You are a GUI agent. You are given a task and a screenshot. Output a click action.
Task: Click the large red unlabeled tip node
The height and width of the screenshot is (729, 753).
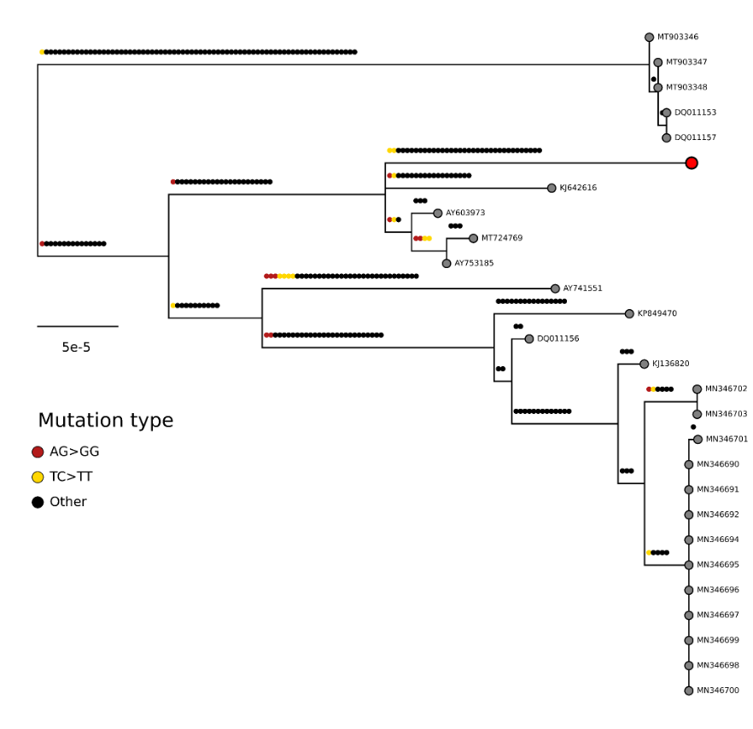[691, 163]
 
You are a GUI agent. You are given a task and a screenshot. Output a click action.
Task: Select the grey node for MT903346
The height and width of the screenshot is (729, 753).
[649, 38]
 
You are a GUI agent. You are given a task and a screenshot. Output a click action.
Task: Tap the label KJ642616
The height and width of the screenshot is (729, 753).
[578, 188]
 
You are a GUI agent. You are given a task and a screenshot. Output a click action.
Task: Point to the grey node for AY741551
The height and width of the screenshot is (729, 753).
[555, 289]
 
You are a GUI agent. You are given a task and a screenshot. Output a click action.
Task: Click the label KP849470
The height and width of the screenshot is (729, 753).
[657, 313]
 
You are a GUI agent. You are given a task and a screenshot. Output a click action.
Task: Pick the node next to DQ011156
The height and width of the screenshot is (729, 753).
[529, 339]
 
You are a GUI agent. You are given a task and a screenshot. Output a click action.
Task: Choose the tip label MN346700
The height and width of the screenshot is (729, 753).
[718, 691]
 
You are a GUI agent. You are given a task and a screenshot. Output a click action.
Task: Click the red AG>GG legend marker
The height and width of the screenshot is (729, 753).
[38, 452]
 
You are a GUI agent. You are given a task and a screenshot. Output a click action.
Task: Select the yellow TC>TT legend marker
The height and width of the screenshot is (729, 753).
[38, 477]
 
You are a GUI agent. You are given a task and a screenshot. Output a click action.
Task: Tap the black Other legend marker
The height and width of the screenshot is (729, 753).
[38, 502]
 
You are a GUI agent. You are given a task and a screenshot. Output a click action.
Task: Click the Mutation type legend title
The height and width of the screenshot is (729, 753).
[106, 421]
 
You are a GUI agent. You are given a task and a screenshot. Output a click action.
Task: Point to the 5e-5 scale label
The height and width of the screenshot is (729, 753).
[76, 347]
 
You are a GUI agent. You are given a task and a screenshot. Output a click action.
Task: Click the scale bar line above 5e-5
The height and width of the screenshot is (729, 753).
[78, 327]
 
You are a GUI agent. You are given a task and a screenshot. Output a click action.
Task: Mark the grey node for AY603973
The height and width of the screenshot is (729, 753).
[437, 213]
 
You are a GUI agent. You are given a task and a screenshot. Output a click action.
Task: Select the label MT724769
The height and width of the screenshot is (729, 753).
[502, 238]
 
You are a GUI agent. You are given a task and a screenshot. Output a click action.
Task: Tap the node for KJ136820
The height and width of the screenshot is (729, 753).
[645, 364]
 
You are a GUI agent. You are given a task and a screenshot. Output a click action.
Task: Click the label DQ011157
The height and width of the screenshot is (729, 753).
[695, 137]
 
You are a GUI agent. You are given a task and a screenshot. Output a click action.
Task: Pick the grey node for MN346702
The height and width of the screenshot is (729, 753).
[698, 389]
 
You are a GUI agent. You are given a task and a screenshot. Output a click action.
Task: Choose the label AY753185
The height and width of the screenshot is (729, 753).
[474, 263]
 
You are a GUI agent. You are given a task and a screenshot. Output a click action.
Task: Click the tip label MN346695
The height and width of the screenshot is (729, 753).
[718, 565]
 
